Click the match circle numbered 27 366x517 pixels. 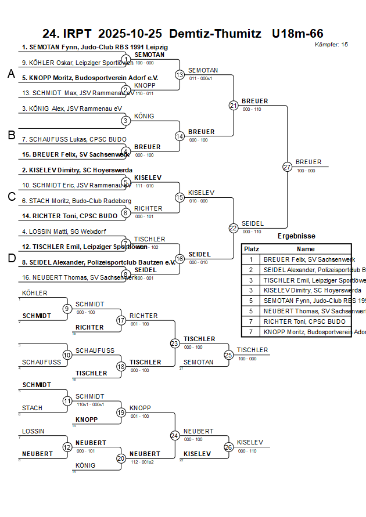(287, 167)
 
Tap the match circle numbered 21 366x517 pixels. (234, 106)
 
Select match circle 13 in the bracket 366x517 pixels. (180, 75)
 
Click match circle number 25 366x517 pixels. (229, 355)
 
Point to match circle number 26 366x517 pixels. (229, 447)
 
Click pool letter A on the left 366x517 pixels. (11, 74)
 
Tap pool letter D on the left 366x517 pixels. (11, 258)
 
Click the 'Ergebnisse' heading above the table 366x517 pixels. (296, 236)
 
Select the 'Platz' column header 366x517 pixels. (252, 249)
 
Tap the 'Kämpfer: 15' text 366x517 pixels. (331, 45)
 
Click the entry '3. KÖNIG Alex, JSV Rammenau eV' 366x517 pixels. (72, 109)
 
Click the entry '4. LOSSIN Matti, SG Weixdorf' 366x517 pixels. (64, 232)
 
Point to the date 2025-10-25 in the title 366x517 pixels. (131, 34)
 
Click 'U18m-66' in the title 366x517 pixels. (297, 34)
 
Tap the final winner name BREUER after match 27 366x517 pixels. (308, 162)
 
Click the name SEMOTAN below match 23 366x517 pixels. (199, 362)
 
